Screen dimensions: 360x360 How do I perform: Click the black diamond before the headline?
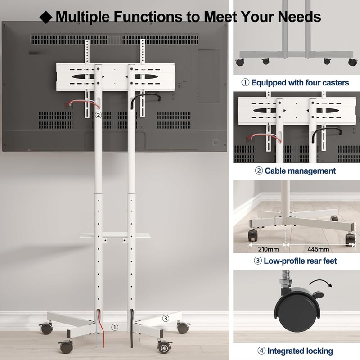click(46, 17)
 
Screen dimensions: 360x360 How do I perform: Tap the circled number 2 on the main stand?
click(98, 115)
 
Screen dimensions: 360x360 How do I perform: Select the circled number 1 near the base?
click(115, 327)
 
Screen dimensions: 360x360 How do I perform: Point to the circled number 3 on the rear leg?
click(166, 318)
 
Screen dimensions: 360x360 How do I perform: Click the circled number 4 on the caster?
click(164, 348)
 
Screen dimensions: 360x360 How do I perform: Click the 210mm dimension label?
click(268, 249)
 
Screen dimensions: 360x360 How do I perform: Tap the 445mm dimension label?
click(318, 249)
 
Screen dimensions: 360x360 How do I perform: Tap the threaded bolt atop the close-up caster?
click(286, 278)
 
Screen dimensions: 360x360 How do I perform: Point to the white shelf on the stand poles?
click(115, 235)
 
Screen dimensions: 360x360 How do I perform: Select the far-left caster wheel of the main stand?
click(46, 328)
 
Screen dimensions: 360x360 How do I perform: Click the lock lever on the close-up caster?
click(318, 295)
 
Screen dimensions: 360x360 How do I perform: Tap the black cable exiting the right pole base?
click(132, 328)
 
